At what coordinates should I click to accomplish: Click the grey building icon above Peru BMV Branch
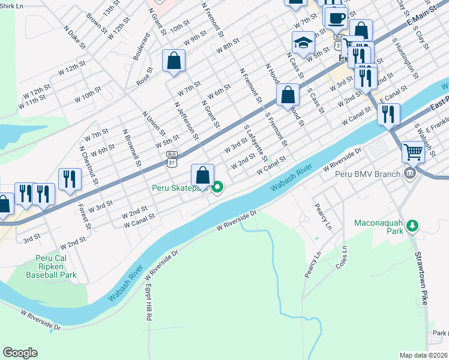tap(410, 175)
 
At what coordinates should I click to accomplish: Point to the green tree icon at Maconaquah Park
tap(411, 226)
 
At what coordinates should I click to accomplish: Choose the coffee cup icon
tap(336, 17)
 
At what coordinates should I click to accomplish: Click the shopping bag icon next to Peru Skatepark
tap(203, 175)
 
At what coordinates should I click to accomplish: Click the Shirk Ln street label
tap(11, 5)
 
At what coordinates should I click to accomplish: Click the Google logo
tap(20, 352)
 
